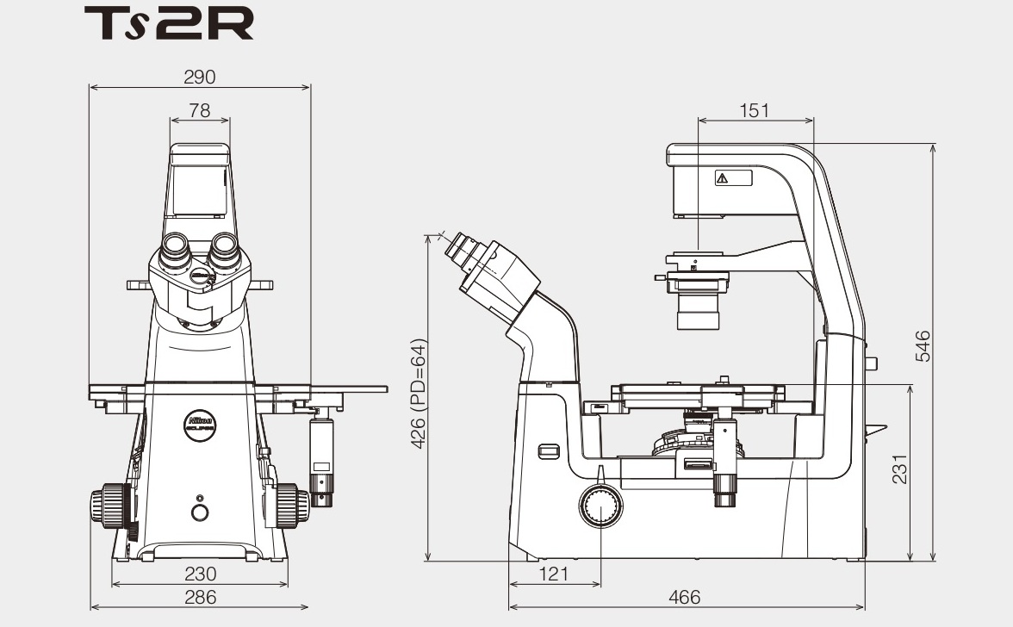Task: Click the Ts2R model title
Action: pyautogui.click(x=169, y=24)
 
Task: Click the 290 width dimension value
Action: pyautogui.click(x=200, y=77)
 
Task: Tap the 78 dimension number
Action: pyautogui.click(x=200, y=110)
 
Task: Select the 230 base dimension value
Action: pyautogui.click(x=200, y=574)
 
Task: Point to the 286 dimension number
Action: pyautogui.click(x=200, y=596)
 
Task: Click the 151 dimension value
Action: pyautogui.click(x=754, y=110)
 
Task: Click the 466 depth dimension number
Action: pyautogui.click(x=685, y=596)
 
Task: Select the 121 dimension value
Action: pyautogui.click(x=553, y=574)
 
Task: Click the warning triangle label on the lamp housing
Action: pyautogui.click(x=722, y=178)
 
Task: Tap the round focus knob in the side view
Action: pyautogui.click(x=600, y=506)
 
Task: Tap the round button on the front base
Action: pyautogui.click(x=200, y=513)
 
